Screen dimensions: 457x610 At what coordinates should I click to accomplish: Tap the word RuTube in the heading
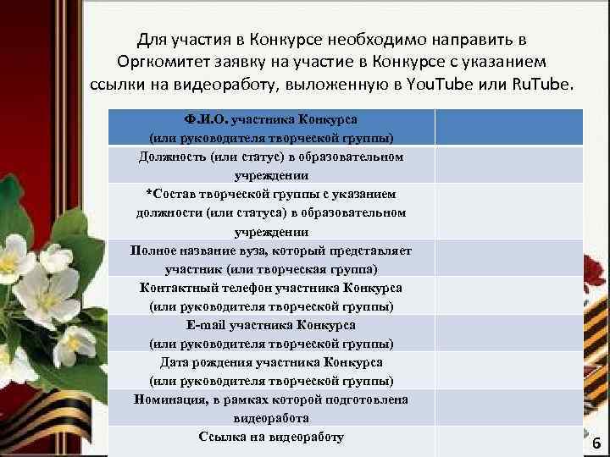pos(540,86)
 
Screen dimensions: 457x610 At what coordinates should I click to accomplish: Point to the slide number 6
pos(596,443)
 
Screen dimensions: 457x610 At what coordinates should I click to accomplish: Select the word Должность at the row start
pos(172,157)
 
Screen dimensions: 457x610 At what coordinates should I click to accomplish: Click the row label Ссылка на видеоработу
pos(271,437)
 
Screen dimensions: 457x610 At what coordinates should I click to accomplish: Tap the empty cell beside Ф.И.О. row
pos(508,128)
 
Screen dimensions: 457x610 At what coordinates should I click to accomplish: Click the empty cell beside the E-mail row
pos(508,333)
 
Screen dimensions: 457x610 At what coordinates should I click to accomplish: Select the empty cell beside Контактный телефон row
pos(508,296)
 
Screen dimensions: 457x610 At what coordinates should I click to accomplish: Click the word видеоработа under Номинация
pos(271,418)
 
